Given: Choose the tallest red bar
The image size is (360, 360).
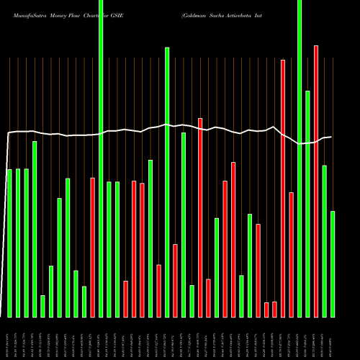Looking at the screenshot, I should (x=316, y=181).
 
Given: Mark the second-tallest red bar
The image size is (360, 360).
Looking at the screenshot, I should (x=283, y=188).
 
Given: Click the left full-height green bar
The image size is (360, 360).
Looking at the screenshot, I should (x=102, y=158).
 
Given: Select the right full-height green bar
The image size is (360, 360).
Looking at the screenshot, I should (x=300, y=158).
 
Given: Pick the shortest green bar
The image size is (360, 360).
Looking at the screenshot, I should (x=43, y=306).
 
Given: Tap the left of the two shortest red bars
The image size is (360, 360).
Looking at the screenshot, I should (x=266, y=310).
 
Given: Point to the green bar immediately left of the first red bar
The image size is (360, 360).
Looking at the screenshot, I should (x=84, y=302).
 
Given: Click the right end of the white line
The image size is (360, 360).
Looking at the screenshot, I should (x=331, y=137).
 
